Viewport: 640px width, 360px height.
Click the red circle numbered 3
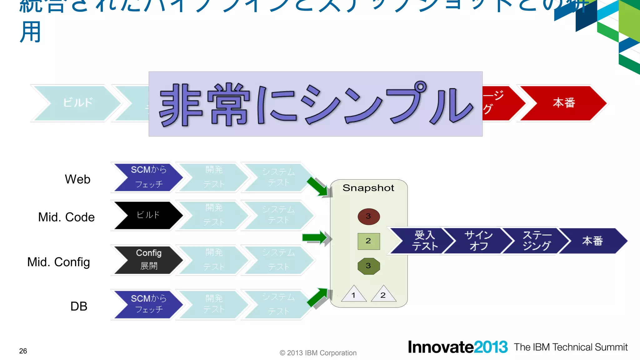click(369, 216)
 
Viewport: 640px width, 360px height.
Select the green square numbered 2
click(369, 241)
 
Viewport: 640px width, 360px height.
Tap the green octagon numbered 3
click(369, 266)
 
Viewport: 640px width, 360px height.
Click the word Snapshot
click(368, 188)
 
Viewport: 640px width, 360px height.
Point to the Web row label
click(77, 179)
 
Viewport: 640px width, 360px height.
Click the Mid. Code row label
click(66, 217)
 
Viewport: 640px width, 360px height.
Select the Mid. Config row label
click(59, 262)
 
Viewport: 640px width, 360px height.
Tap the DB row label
click(79, 306)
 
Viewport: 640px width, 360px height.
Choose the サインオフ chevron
click(478, 241)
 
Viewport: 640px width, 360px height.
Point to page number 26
click(23, 351)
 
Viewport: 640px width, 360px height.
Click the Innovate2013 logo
click(457, 347)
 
